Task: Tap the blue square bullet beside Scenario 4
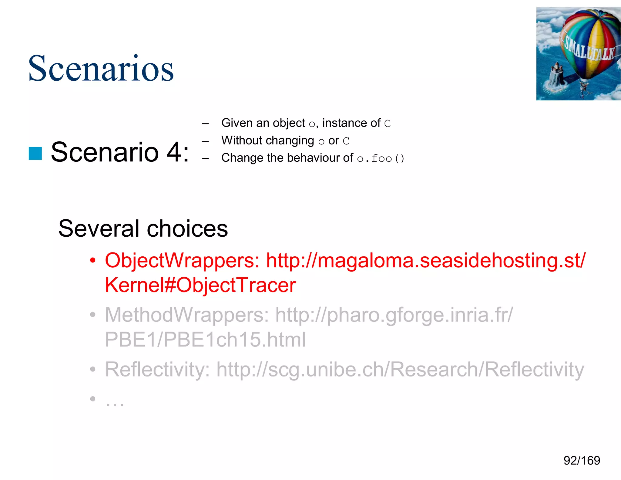click(35, 153)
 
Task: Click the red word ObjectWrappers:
click(182, 260)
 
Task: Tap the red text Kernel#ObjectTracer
click(200, 285)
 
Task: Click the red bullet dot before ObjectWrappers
click(93, 260)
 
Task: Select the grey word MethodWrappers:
click(187, 315)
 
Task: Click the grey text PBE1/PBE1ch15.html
click(205, 340)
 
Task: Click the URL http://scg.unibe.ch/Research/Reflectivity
click(400, 369)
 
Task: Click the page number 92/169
click(582, 461)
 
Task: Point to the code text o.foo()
click(381, 158)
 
